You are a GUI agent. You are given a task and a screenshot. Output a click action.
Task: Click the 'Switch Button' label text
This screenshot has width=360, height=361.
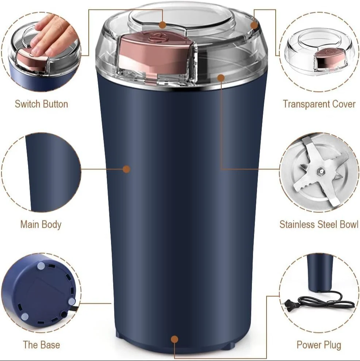(x=41, y=104)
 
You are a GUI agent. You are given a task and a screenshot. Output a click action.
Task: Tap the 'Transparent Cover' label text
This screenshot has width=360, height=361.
(x=319, y=104)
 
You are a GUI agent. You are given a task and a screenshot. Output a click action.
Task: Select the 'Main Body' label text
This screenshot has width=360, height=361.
(x=41, y=224)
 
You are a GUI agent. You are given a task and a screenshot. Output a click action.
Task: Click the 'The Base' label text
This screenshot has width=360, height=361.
(x=41, y=345)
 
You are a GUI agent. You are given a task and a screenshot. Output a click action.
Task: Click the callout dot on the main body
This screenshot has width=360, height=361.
(x=126, y=169)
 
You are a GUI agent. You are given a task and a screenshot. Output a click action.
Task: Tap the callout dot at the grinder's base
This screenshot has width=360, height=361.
(x=175, y=339)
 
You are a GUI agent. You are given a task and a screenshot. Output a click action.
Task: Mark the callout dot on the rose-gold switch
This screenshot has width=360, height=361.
(x=163, y=25)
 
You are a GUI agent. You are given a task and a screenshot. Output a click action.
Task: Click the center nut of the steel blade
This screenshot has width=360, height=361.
(x=320, y=170)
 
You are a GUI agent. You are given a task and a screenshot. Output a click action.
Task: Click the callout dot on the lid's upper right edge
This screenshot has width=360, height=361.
(x=254, y=25)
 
